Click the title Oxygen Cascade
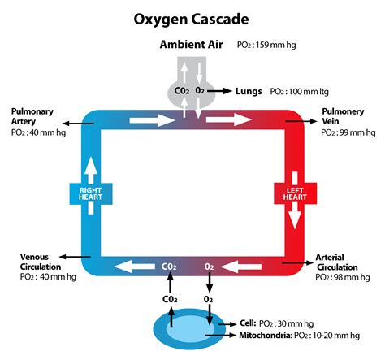(x=192, y=16)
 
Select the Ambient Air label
(x=192, y=43)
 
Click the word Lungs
(x=249, y=92)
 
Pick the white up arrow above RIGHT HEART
(x=89, y=165)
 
